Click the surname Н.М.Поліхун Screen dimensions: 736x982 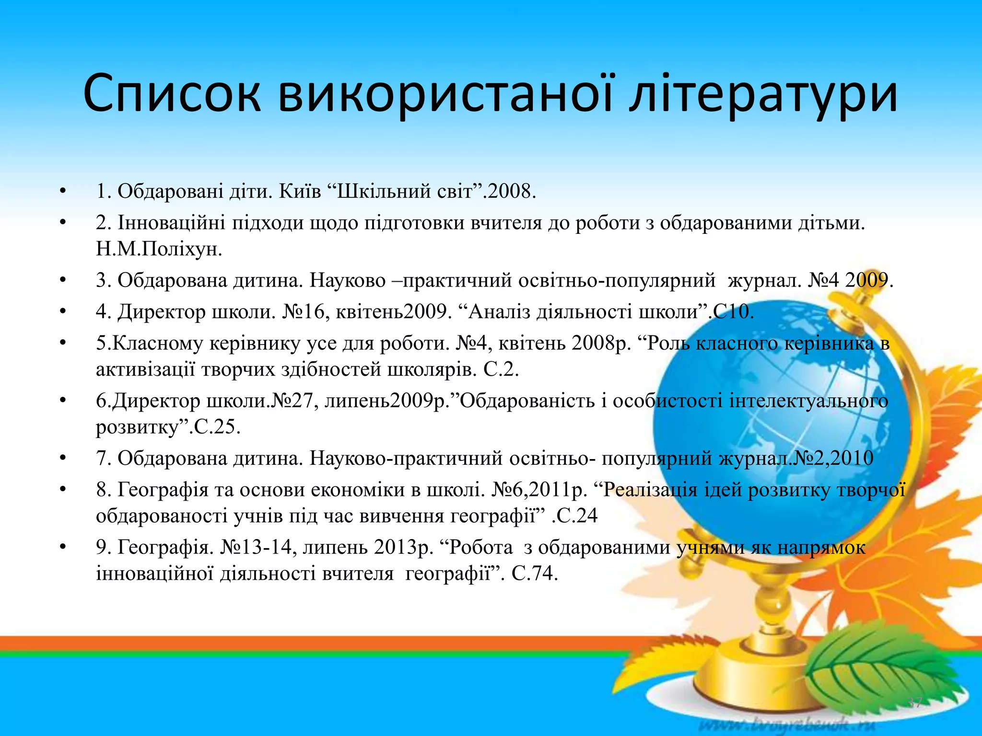tap(159, 249)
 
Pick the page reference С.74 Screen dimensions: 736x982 tap(534, 573)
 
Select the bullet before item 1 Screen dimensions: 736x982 tap(62, 192)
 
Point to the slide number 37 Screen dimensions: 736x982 tap(915, 703)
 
